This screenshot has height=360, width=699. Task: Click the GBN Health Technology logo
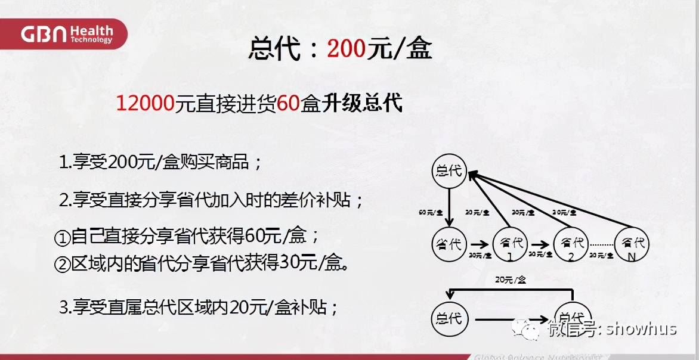click(66, 34)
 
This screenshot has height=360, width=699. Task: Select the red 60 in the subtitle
click(287, 104)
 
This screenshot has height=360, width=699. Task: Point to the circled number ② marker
click(62, 265)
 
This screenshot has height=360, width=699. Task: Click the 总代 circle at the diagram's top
click(449, 172)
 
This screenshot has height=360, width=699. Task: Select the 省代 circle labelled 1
click(511, 244)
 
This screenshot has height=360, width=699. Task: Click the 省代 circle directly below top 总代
click(449, 244)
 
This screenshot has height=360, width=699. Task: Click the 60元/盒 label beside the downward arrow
click(431, 212)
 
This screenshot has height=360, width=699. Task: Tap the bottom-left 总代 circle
click(449, 318)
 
